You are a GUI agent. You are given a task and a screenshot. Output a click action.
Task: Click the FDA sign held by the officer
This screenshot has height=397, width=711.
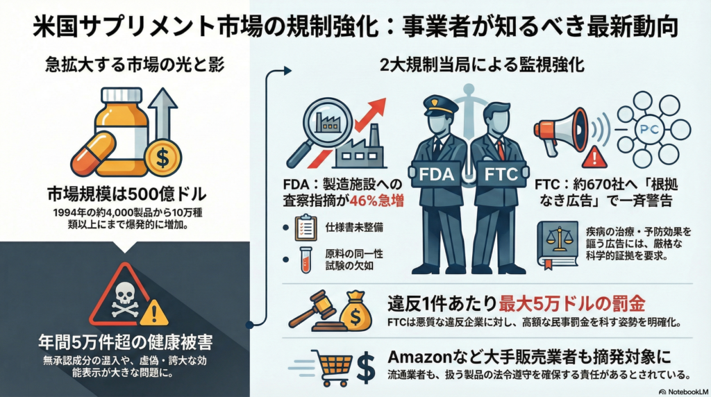436,174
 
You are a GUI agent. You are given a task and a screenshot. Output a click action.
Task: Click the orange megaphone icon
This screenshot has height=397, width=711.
560,128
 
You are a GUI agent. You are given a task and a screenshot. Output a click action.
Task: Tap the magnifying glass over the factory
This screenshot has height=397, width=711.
321,124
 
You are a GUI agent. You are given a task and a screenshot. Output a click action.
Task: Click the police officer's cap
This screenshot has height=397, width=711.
439,104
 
